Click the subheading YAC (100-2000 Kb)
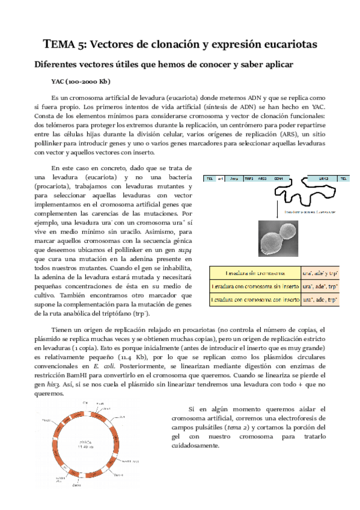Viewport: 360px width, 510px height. (81, 81)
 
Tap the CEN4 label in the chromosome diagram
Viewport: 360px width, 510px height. (278, 179)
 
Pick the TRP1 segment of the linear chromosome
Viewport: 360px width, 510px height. (249, 179)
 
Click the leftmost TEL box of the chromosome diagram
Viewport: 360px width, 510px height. (210, 179)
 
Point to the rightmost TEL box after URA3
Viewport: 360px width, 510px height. (343, 179)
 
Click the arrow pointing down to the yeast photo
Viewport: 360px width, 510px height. (277, 207)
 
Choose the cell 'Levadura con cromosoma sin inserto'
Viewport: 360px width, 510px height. (253, 286)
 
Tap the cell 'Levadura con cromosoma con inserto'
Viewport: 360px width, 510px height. (253, 299)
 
